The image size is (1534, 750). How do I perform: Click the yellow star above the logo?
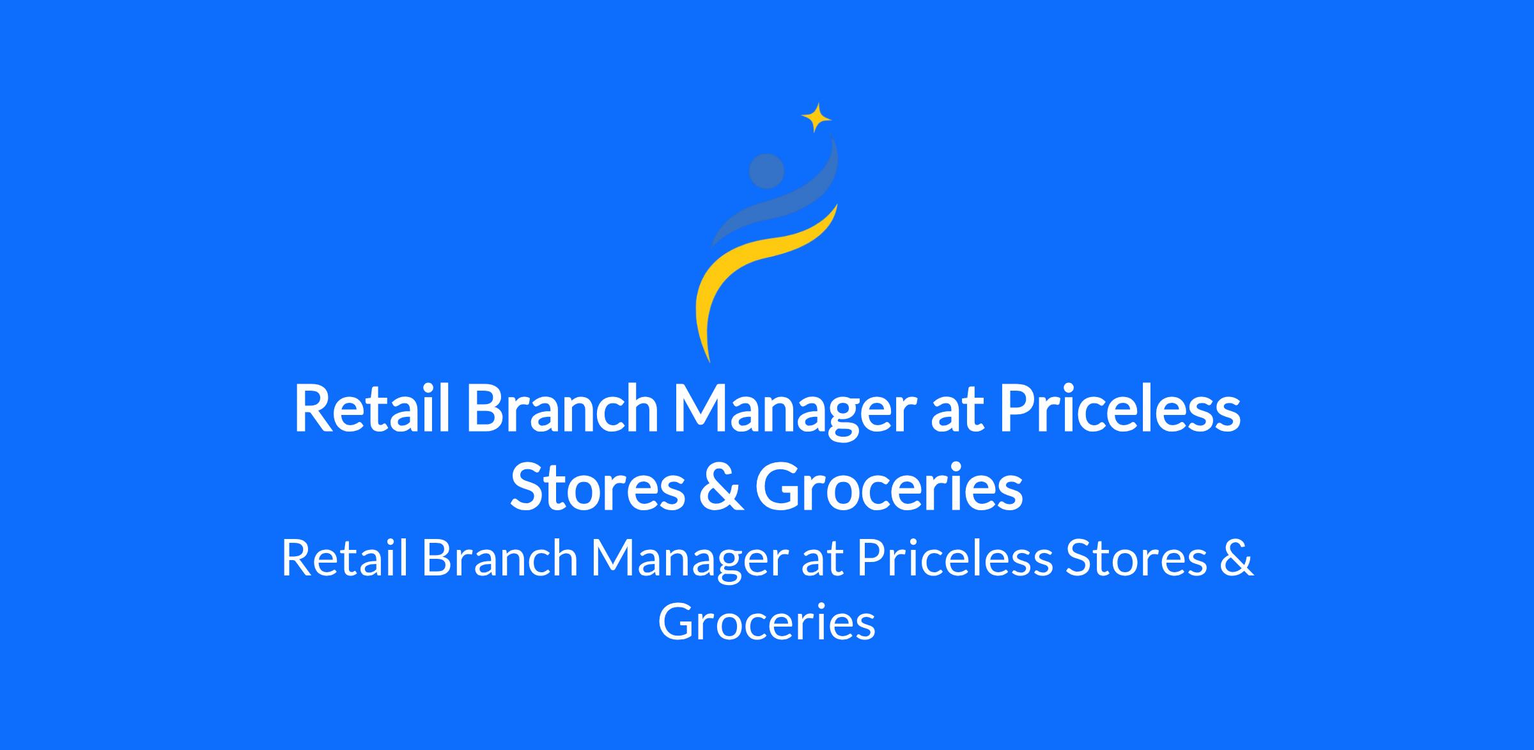pos(816,118)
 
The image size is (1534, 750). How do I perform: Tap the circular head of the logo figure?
pos(766,171)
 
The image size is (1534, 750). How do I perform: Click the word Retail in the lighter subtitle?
pos(345,558)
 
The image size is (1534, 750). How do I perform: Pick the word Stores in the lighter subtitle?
pos(1135,558)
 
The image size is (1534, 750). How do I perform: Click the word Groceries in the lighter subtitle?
pos(766,621)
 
